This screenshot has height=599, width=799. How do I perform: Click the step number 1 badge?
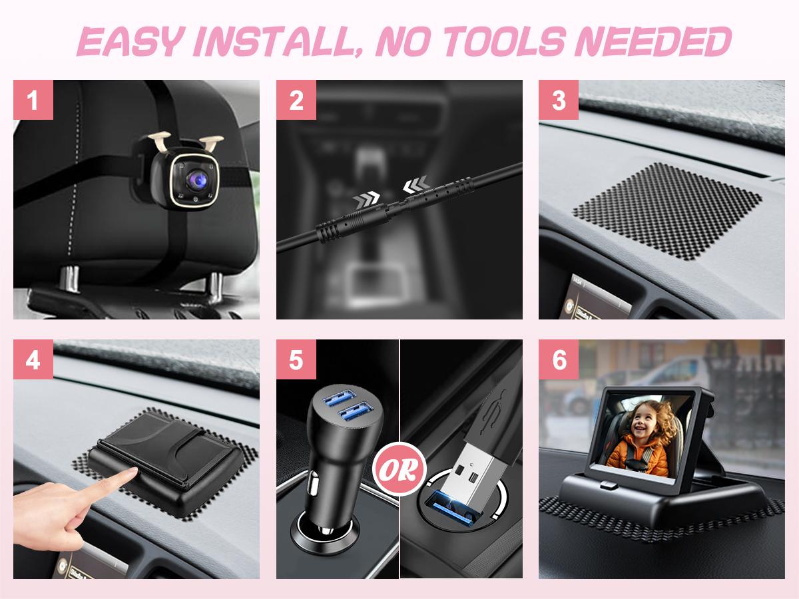pyautogui.click(x=33, y=100)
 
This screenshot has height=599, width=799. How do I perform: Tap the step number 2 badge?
pyautogui.click(x=296, y=100)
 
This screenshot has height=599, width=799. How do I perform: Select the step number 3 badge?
pyautogui.click(x=559, y=100)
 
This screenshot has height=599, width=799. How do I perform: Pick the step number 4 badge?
pyautogui.click(x=33, y=359)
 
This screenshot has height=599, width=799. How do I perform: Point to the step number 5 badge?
pyautogui.click(x=296, y=359)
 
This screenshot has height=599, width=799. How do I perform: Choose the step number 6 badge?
pyautogui.click(x=559, y=359)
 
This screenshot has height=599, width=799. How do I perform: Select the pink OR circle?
pyautogui.click(x=400, y=470)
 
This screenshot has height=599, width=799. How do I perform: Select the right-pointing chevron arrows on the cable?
pyautogui.click(x=366, y=198)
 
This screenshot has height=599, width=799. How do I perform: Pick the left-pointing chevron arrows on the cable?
pyautogui.click(x=416, y=184)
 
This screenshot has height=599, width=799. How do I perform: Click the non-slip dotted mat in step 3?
pyautogui.click(x=667, y=211)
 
